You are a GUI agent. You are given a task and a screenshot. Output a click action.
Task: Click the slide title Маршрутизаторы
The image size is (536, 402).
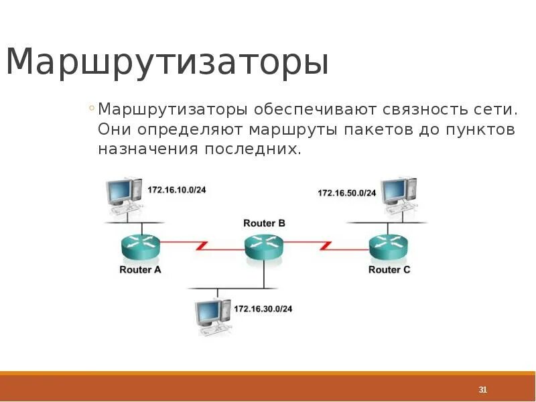(x=167, y=62)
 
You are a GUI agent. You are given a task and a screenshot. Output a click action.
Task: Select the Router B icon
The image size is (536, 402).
(x=264, y=246)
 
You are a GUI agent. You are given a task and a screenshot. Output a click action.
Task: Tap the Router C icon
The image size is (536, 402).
(x=389, y=246)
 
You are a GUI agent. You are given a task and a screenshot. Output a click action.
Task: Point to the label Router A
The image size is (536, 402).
(x=140, y=270)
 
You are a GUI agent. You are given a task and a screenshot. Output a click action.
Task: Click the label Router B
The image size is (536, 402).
(x=264, y=223)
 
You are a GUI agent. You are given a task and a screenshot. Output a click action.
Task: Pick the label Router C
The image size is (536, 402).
(x=389, y=270)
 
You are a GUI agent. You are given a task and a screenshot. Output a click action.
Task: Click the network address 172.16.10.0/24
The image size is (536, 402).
(x=177, y=190)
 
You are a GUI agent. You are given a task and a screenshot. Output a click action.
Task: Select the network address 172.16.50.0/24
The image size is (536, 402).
(x=347, y=193)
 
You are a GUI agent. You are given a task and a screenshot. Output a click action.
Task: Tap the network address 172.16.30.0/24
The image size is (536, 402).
(x=263, y=309)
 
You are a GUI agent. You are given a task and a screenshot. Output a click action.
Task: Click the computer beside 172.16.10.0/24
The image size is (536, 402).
(x=124, y=194)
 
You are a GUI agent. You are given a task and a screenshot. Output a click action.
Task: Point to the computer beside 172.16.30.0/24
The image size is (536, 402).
(x=212, y=315)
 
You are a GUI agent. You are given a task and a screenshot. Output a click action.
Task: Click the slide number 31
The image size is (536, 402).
(x=482, y=390)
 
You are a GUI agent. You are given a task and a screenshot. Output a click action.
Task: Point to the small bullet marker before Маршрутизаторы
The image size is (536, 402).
(x=90, y=108)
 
